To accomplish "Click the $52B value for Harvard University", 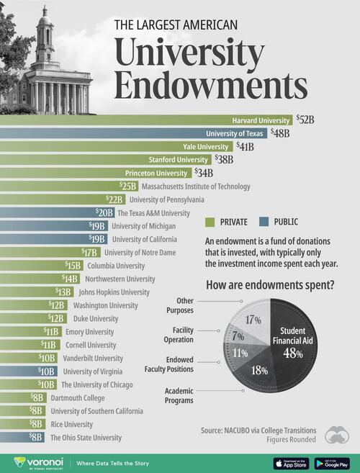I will [x=305, y=120].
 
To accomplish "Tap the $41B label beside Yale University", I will [x=246, y=146].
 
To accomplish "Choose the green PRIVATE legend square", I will [x=210, y=222].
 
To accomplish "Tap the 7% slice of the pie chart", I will [x=238, y=336].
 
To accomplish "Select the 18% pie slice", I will [x=260, y=368].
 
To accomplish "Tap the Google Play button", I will [x=332, y=463].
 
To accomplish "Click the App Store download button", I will [x=292, y=463].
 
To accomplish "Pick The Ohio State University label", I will [x=86, y=437].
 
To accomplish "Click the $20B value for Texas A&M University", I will [x=105, y=213].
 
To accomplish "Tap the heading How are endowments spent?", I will [x=271, y=284].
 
